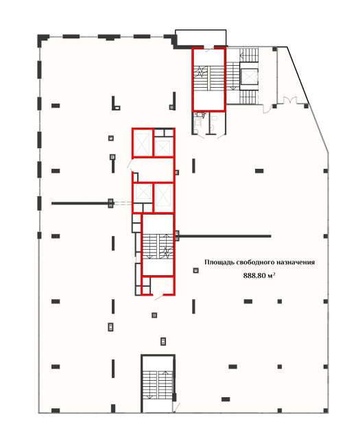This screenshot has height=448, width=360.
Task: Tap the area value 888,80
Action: click(254, 276)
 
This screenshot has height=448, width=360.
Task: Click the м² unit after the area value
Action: click(272, 275)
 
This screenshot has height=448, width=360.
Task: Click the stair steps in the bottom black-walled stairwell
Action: click(158, 385)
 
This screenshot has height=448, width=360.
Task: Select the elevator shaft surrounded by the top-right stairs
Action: click(249, 76)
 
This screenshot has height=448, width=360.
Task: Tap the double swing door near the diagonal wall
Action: click(290, 101)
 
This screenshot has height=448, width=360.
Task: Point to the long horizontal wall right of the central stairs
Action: click(225, 236)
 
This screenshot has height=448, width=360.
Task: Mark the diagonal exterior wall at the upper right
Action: click(298, 75)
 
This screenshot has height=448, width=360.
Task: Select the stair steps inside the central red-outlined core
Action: click(158, 246)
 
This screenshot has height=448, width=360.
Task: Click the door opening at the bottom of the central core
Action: click(158, 296)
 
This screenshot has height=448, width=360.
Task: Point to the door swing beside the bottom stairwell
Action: click(176, 408)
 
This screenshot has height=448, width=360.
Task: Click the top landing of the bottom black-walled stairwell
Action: click(158, 364)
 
